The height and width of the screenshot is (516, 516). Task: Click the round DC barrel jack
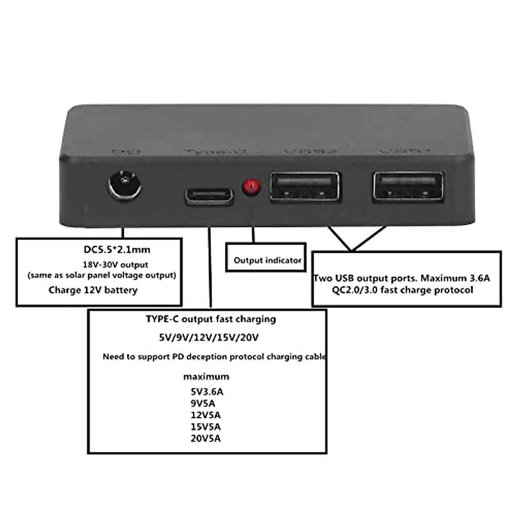tap(124, 185)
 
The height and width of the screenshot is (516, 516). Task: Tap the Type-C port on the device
tap(209, 196)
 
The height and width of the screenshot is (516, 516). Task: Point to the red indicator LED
tap(251, 187)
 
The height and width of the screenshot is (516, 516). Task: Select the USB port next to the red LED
tap(304, 187)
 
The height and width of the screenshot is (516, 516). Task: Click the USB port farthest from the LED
tap(408, 187)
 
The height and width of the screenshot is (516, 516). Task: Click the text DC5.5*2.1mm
tap(117, 249)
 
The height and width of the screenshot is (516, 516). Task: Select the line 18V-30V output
tap(115, 264)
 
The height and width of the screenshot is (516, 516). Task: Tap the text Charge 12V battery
tap(93, 290)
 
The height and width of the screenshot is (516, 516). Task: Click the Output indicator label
tap(267, 260)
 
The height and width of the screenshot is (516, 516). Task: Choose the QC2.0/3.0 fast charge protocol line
tap(402, 290)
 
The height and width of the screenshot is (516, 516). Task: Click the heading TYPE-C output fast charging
tap(211, 319)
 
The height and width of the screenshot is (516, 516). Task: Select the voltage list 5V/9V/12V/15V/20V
tap(209, 338)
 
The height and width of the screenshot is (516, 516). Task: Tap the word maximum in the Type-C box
tap(206, 377)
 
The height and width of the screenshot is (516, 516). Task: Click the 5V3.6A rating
tap(207, 392)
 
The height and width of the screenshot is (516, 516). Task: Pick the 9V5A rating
tap(203, 403)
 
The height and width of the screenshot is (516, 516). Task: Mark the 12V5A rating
tap(206, 415)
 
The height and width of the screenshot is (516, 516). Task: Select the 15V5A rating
tap(206, 427)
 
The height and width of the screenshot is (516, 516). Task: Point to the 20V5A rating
tap(206, 439)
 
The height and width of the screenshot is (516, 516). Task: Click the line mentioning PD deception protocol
tap(214, 356)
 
